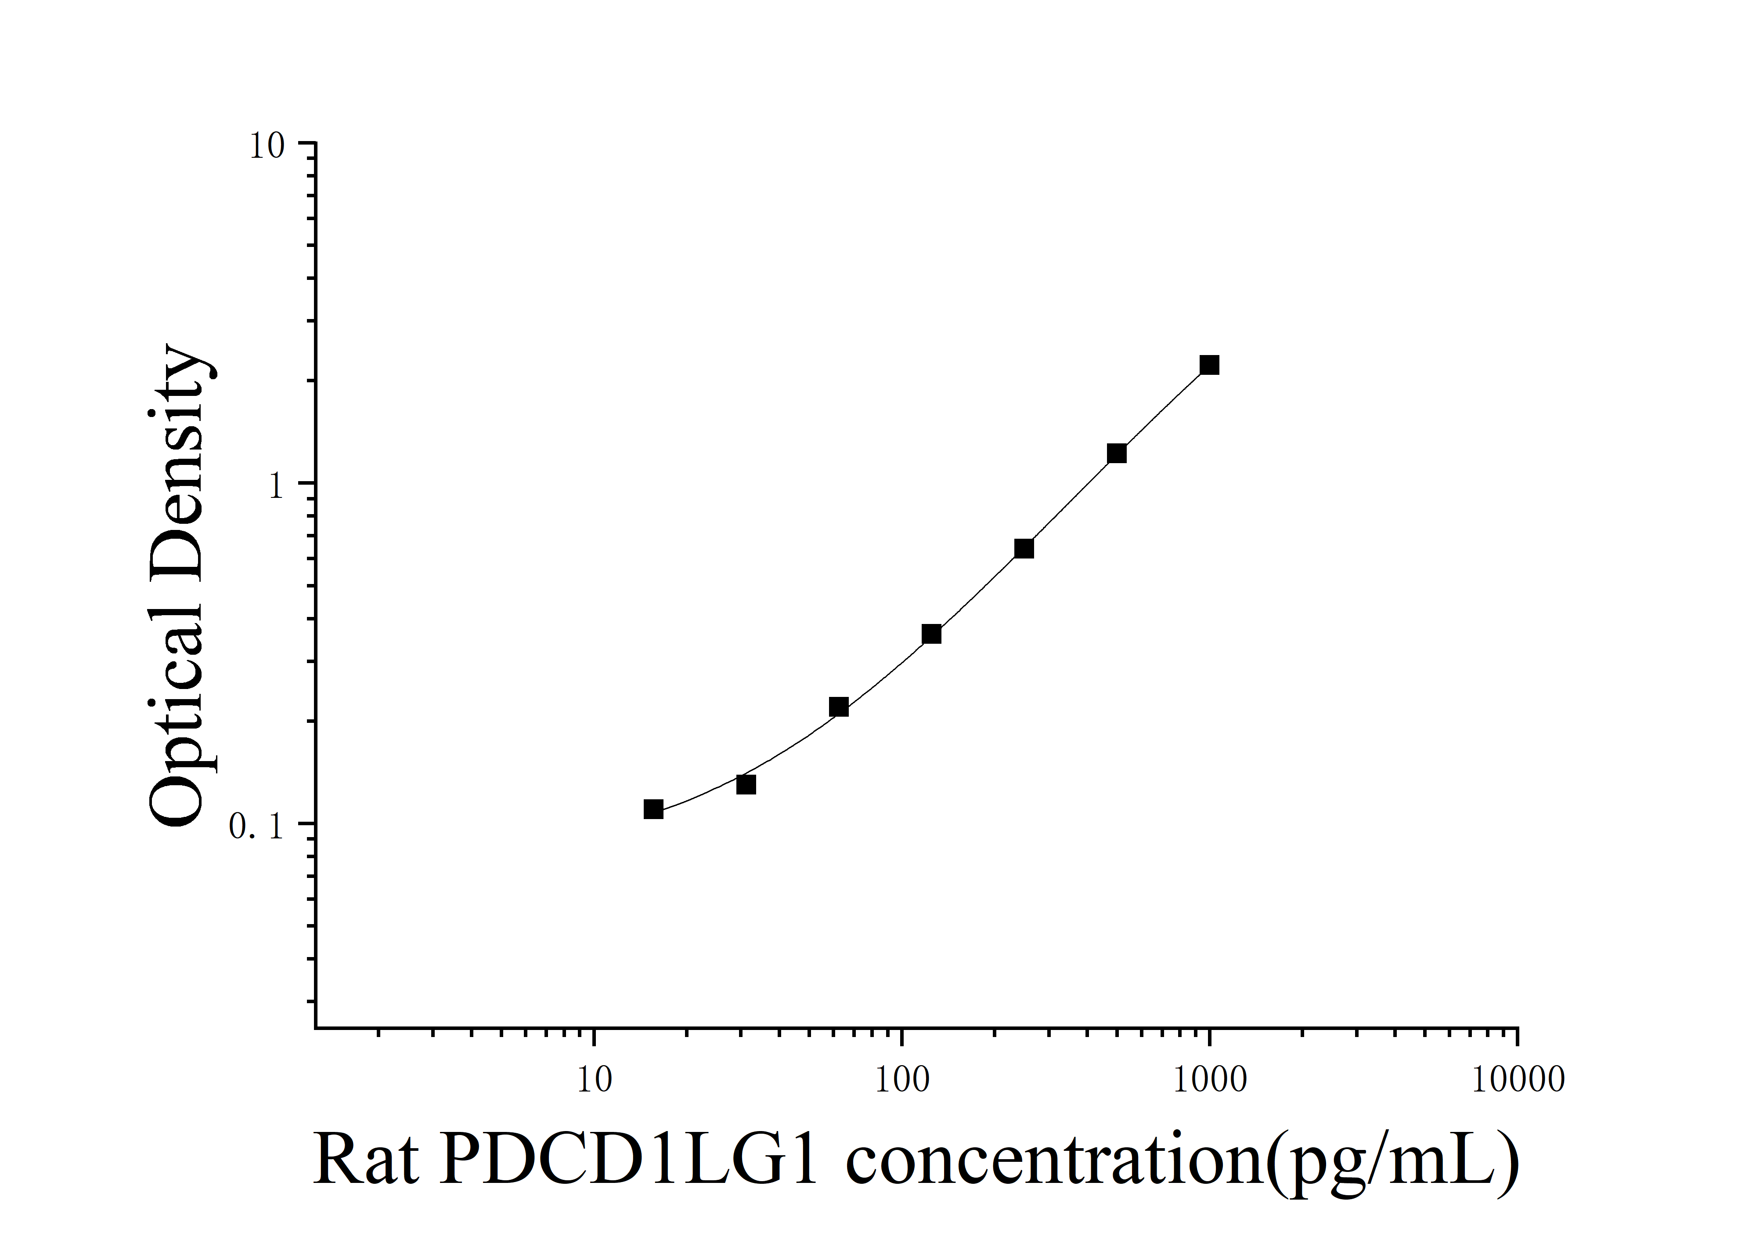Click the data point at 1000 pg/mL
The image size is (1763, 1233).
click(1209, 365)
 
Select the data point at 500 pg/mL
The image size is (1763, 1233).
click(1117, 453)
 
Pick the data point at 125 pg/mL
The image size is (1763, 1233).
click(931, 634)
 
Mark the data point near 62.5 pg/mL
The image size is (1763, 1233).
click(839, 707)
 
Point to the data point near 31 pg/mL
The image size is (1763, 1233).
click(746, 784)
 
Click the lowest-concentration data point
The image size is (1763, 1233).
click(653, 809)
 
